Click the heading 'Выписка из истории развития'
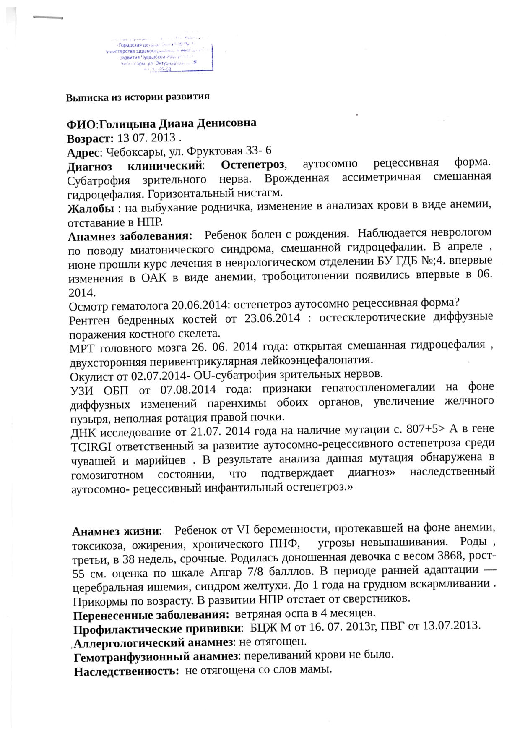pyautogui.click(x=138, y=97)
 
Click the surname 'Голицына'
pyautogui.click(x=128, y=124)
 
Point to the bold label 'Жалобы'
pyautogui.click(x=91, y=208)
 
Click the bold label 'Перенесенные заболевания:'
pyautogui.click(x=151, y=616)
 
